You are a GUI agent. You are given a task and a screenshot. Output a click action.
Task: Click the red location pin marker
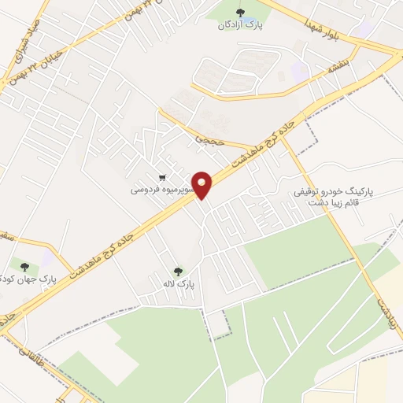[x=203, y=185]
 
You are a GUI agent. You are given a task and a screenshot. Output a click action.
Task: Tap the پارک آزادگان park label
[x=240, y=25]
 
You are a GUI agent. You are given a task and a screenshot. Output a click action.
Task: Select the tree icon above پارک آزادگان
[x=240, y=11]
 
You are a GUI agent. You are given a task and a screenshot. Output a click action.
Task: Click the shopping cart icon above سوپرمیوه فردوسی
[x=162, y=177]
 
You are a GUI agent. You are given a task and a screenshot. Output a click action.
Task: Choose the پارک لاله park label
[x=179, y=283]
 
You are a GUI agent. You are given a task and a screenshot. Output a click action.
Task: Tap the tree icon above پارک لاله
[x=177, y=270]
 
